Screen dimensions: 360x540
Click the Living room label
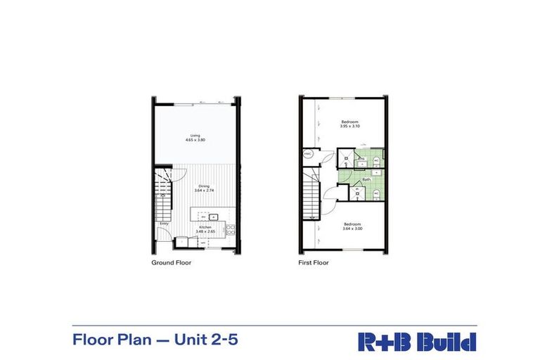(195, 135)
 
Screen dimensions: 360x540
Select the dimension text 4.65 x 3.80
(195, 140)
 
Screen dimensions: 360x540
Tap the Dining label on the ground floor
(203, 186)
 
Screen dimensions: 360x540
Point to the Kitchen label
(205, 228)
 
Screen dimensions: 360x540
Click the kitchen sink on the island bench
(217, 216)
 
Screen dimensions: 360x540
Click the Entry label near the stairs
(164, 224)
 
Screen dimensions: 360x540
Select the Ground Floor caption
(172, 263)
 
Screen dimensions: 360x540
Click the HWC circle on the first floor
(308, 154)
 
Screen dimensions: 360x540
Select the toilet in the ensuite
(377, 161)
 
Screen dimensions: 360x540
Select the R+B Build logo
(417, 341)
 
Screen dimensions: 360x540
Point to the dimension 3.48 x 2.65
(205, 233)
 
